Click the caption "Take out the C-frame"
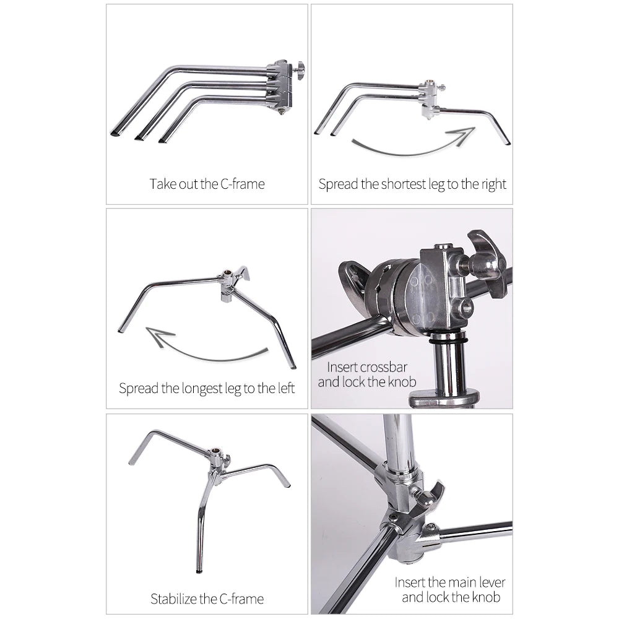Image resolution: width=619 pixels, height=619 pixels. pos(207,184)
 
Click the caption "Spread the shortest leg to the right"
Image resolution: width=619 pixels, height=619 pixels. pos(412,184)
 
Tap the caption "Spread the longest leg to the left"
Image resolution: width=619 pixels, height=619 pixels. pos(207,389)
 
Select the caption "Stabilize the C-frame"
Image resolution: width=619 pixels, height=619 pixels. pos(207,599)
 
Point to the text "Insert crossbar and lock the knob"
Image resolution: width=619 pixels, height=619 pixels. pos(367,374)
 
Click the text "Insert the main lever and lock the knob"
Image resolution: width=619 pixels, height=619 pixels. pos(450,589)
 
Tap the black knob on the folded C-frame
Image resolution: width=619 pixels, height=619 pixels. pos(299,67)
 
